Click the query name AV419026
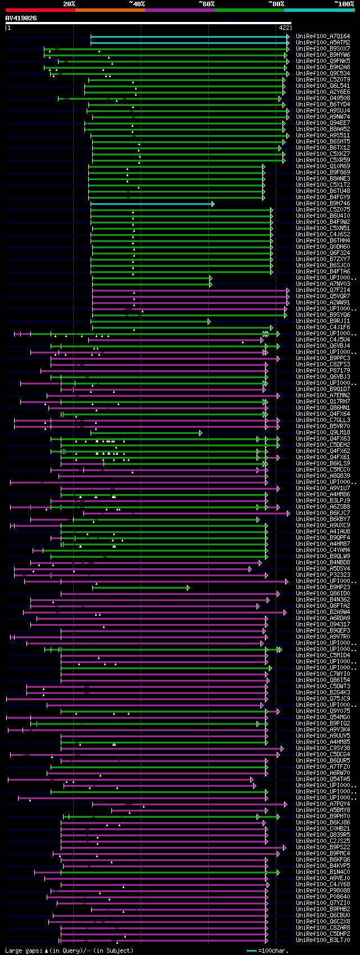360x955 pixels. click(21, 18)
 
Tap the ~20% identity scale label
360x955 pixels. click(69, 4)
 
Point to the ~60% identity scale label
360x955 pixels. click(206, 4)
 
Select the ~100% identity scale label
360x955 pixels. click(344, 4)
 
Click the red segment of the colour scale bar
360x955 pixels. click(40, 10)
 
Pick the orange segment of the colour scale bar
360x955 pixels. click(110, 10)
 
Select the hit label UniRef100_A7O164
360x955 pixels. click(323, 36)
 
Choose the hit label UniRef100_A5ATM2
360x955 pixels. click(323, 42)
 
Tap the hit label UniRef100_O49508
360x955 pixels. click(323, 98)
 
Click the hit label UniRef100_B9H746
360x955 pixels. click(323, 203)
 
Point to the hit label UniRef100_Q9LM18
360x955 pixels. click(323, 432)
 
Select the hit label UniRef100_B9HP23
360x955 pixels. click(323, 587)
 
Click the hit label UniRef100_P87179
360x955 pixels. click(323, 370)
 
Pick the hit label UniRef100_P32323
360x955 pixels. click(323, 575)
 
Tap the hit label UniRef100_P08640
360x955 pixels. click(323, 896)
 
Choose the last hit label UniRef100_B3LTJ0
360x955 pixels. click(323, 940)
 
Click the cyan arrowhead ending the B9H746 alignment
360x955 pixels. click(213, 204)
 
